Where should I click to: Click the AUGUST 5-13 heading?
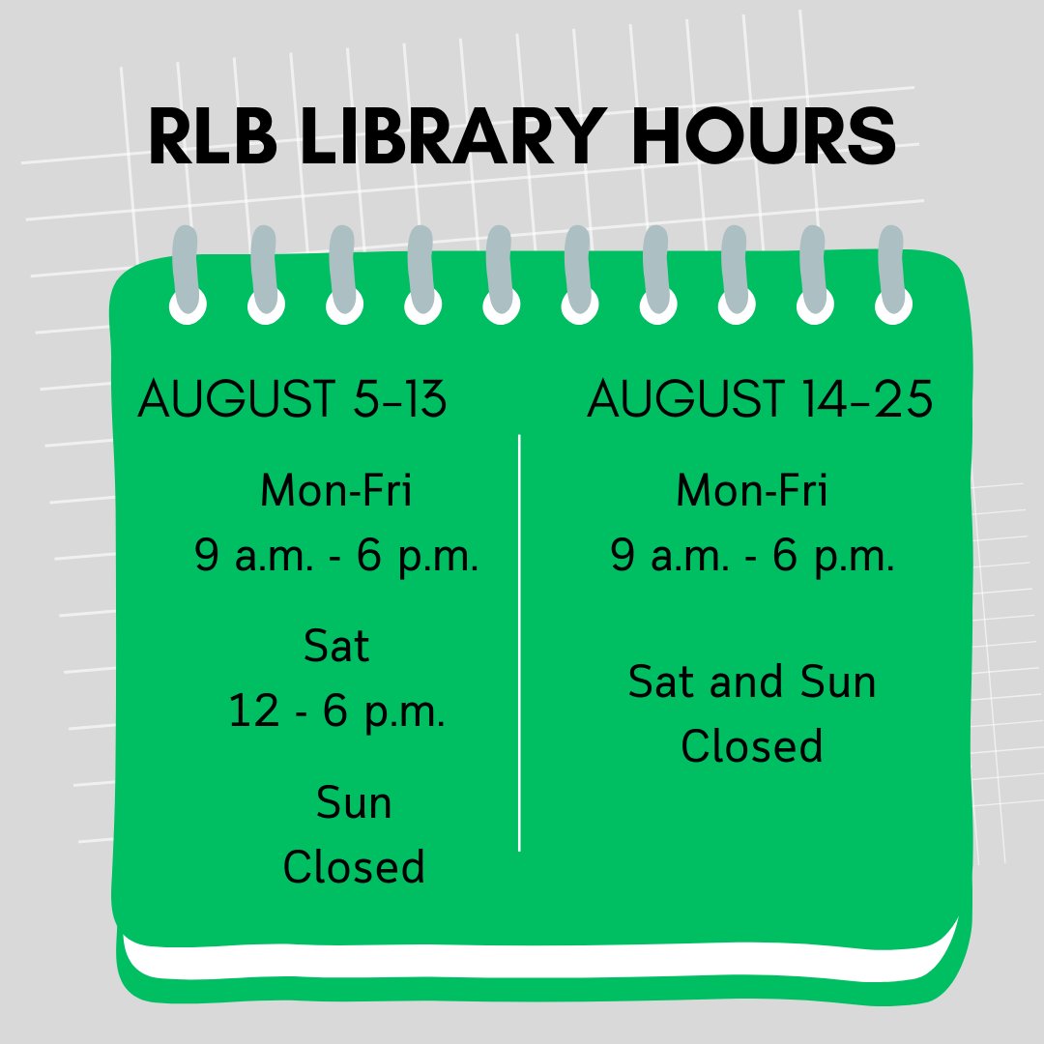293,399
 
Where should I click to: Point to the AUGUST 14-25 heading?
760,399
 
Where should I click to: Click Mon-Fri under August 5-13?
335,491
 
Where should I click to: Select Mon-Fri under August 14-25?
751,491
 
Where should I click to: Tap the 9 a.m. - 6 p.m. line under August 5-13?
336,557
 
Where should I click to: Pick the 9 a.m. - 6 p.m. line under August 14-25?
752,557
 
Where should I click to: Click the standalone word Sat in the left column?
336,647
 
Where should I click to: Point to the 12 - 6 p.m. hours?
336,712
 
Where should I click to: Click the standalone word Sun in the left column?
354,803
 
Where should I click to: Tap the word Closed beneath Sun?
354,867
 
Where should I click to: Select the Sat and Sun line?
752,682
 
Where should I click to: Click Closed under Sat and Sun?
752,746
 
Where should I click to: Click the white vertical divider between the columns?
520,643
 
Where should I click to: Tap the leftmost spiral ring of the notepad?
187,275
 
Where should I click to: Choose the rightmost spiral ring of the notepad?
892,275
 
